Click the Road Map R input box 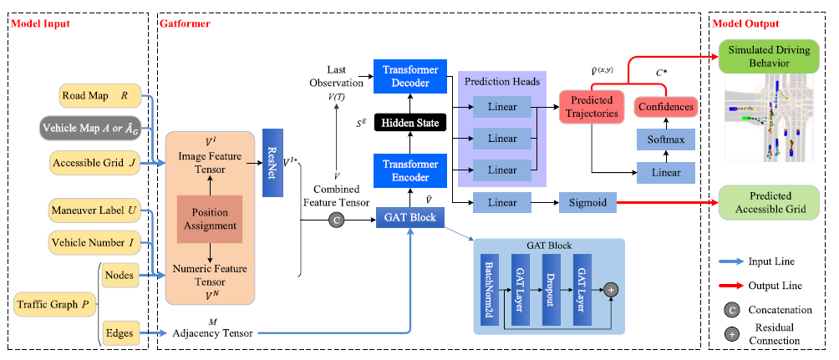pos(94,96)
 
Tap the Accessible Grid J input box pos(94,161)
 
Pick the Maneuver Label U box pos(94,210)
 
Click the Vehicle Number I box pos(94,244)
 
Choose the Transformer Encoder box pos(410,170)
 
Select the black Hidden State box pos(410,122)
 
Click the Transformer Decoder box pos(410,74)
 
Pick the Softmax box pos(665,139)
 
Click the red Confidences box pos(665,108)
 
